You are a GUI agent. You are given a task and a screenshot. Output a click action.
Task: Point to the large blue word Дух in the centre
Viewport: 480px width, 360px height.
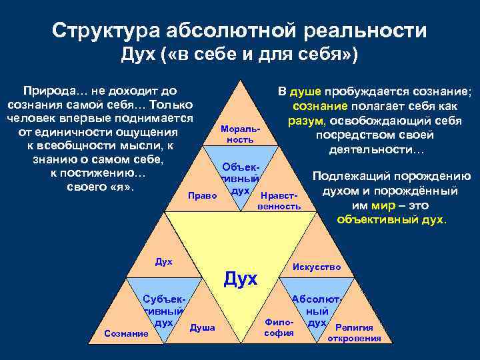coord(240,279)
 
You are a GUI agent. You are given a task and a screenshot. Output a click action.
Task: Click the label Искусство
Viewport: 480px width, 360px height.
coord(317,267)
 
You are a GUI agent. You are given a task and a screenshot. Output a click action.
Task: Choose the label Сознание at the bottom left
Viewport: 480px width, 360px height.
coord(127,332)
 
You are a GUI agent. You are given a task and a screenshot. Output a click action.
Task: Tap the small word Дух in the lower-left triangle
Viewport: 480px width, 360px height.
coord(163,262)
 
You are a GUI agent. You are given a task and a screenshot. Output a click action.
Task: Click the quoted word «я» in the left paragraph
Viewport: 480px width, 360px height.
coord(122,187)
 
